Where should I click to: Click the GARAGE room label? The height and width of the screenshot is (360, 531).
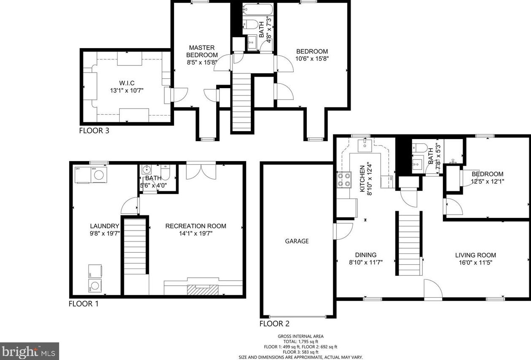[297, 241]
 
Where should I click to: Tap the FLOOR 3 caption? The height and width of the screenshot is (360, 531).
[94, 131]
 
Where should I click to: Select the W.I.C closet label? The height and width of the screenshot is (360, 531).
[127, 83]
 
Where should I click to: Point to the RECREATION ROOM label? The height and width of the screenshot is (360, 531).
[196, 226]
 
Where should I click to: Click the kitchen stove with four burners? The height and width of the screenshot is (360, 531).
[344, 180]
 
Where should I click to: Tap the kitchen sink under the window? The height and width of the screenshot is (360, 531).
[365, 145]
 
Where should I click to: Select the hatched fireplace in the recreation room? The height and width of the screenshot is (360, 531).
[203, 290]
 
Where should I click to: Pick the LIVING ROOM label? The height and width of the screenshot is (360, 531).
[475, 255]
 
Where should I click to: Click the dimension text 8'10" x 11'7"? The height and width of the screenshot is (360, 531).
[366, 263]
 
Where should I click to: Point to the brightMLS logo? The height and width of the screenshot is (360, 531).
[29, 351]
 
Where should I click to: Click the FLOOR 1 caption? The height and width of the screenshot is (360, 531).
[83, 304]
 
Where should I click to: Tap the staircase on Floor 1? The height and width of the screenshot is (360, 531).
[135, 247]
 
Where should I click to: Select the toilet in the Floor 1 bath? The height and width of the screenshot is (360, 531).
[165, 172]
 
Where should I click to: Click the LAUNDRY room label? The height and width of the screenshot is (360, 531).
[105, 226]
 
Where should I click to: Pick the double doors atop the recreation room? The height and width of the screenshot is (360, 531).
[201, 170]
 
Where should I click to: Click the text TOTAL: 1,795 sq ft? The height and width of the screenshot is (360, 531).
[300, 341]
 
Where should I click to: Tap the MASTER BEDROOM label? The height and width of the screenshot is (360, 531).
[202, 51]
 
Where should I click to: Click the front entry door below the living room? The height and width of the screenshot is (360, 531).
[433, 290]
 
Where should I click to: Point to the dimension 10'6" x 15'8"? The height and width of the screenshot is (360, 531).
[312, 59]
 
